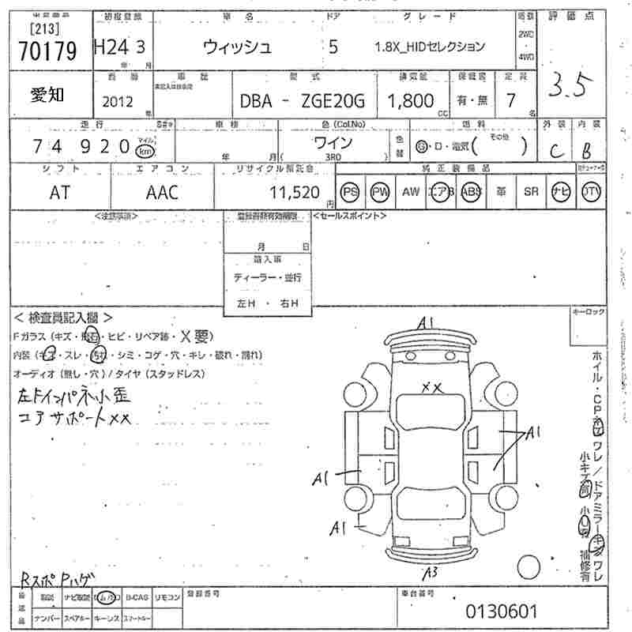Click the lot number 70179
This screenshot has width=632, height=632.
(47, 51)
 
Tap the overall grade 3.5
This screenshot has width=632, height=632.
(570, 86)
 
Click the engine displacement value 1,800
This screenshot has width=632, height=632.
(410, 100)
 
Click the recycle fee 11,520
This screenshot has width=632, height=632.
(294, 192)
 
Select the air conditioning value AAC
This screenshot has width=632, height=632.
(162, 192)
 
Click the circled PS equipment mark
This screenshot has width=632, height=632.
(349, 191)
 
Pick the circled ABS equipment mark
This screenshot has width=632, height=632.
(472, 191)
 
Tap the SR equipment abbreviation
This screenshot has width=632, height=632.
(530, 191)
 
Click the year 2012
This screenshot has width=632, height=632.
(118, 101)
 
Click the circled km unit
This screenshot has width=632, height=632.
(145, 150)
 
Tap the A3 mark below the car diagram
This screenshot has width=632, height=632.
(431, 572)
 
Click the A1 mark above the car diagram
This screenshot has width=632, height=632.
(427, 322)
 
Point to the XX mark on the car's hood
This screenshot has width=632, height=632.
(431, 386)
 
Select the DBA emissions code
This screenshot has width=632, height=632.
(258, 101)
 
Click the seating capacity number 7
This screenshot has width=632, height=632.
(510, 100)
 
